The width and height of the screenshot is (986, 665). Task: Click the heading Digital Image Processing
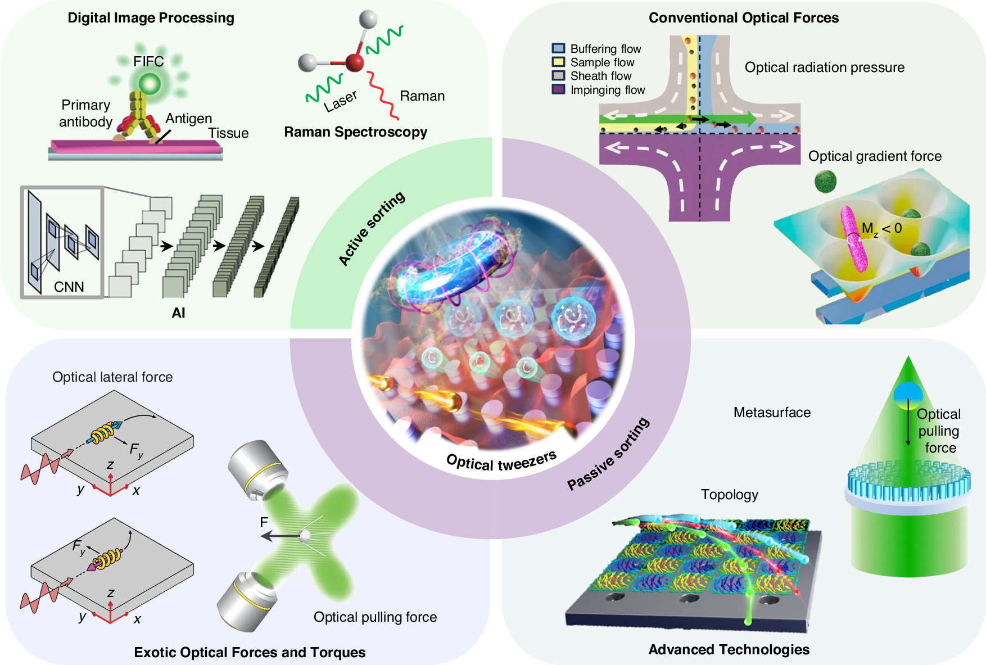tap(151, 18)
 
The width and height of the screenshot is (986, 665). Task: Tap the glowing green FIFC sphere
tap(150, 85)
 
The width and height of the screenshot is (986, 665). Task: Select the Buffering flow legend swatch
tap(558, 48)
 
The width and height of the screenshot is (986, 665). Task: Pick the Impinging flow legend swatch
tap(558, 89)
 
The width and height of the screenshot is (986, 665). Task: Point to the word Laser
tap(341, 101)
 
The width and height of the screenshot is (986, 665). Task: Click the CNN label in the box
tap(69, 287)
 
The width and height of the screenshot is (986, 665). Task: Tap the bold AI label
tap(178, 313)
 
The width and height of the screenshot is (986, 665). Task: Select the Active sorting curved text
tap(372, 228)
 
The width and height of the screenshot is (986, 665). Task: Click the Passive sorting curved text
tap(608, 454)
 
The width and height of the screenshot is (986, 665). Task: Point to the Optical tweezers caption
tap(501, 462)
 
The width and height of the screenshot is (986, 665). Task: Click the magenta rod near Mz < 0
tap(853, 239)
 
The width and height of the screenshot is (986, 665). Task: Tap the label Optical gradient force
tap(875, 156)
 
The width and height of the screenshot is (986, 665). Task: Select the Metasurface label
tap(772, 413)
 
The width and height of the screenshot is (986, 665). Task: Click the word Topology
tap(729, 495)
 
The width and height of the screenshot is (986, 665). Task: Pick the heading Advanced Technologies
tap(729, 650)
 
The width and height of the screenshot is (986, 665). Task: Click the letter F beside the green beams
tap(264, 522)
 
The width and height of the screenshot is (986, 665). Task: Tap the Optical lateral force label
tap(112, 377)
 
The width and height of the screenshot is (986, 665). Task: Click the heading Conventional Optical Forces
tap(743, 18)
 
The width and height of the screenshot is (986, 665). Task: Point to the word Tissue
tap(228, 133)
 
